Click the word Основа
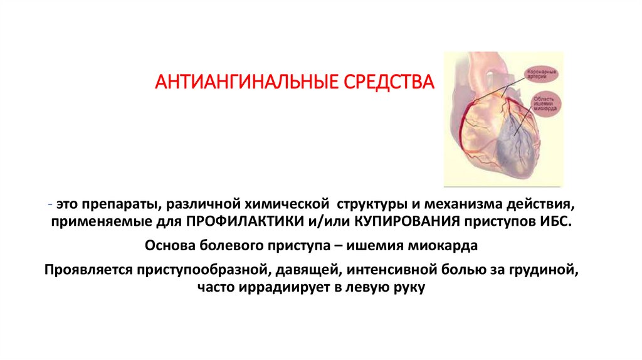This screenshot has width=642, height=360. pos(172,245)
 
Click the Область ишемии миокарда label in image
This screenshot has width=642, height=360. pos(543,103)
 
